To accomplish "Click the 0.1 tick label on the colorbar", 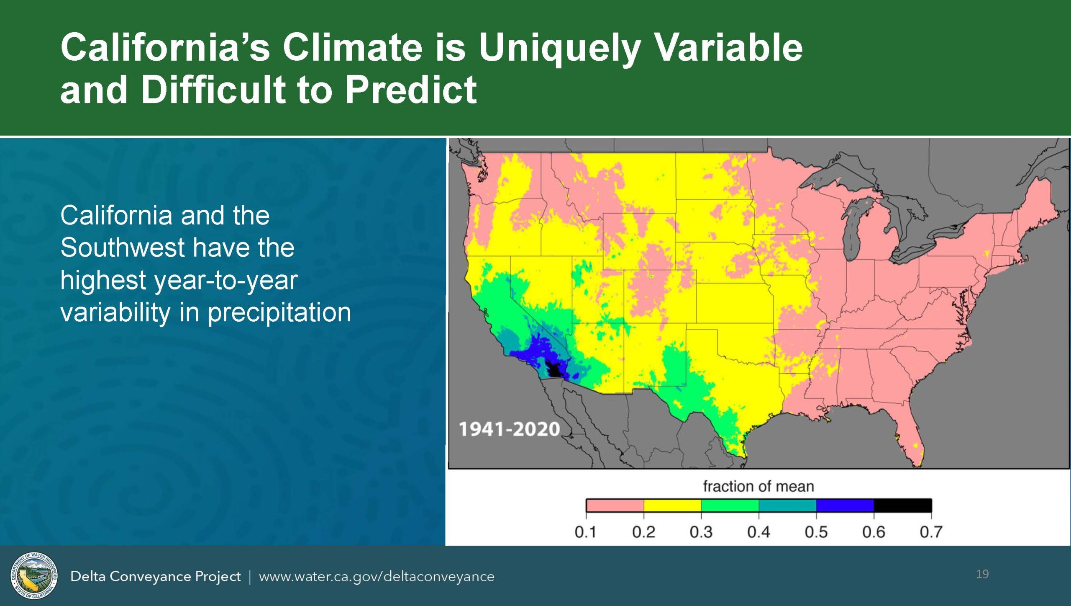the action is click(x=585, y=532).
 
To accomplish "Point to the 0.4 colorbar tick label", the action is click(x=758, y=532).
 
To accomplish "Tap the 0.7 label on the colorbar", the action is click(x=931, y=532).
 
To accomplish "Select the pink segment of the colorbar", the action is click(x=615, y=505).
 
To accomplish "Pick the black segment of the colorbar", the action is click(x=903, y=505).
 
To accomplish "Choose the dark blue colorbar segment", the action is click(x=845, y=505).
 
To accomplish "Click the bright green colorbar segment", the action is click(x=730, y=505).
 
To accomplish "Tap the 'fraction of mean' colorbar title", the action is click(x=758, y=486).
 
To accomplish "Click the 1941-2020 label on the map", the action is click(x=509, y=429).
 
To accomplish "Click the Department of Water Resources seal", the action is click(x=34, y=576).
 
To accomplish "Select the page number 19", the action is click(x=982, y=574).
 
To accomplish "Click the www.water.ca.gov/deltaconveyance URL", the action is click(x=377, y=577).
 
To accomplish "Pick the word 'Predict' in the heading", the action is click(x=411, y=89).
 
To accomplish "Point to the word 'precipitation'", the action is click(x=279, y=313).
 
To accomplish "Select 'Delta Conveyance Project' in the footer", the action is click(x=155, y=577).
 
